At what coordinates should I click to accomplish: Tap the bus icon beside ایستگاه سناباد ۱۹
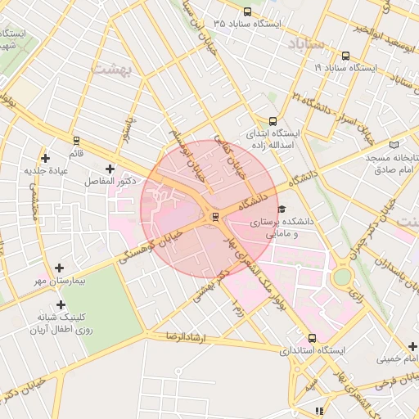pos(345,56)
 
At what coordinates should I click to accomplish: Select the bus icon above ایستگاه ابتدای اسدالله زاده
pos(273,120)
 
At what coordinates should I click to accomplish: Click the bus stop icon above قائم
pos(77,141)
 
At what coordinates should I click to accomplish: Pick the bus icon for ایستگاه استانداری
pos(312,337)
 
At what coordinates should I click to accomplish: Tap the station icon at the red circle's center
pos(215,216)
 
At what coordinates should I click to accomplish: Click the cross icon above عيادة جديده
pos(45,157)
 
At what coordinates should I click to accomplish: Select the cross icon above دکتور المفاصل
pos(110,168)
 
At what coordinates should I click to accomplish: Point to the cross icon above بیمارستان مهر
pos(59,268)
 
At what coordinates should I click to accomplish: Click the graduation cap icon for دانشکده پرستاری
pos(282,209)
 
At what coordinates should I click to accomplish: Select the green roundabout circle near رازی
pos(342,277)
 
